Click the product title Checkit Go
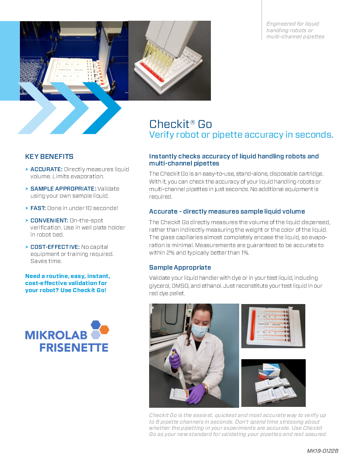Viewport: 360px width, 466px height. pyautogui.click(x=180, y=124)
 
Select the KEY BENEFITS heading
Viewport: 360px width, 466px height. pyautogui.click(x=49, y=157)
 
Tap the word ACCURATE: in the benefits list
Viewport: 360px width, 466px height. pyautogui.click(x=46, y=169)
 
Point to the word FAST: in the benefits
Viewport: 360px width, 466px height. pyautogui.click(x=38, y=208)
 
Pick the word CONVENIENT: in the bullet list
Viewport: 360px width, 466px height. pyautogui.click(x=49, y=220)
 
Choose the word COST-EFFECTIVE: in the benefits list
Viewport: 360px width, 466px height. pyautogui.click(x=55, y=247)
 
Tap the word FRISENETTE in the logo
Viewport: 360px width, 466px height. pyautogui.click(x=74, y=347)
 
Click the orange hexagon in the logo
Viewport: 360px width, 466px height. pyautogui.click(x=104, y=329)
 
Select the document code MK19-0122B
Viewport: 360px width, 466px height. pyautogui.click(x=322, y=451)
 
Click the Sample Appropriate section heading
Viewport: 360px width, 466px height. pyautogui.click(x=180, y=267)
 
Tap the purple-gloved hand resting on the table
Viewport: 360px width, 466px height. pyautogui.click(x=195, y=393)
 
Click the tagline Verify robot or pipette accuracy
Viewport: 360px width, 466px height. pyautogui.click(x=241, y=135)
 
